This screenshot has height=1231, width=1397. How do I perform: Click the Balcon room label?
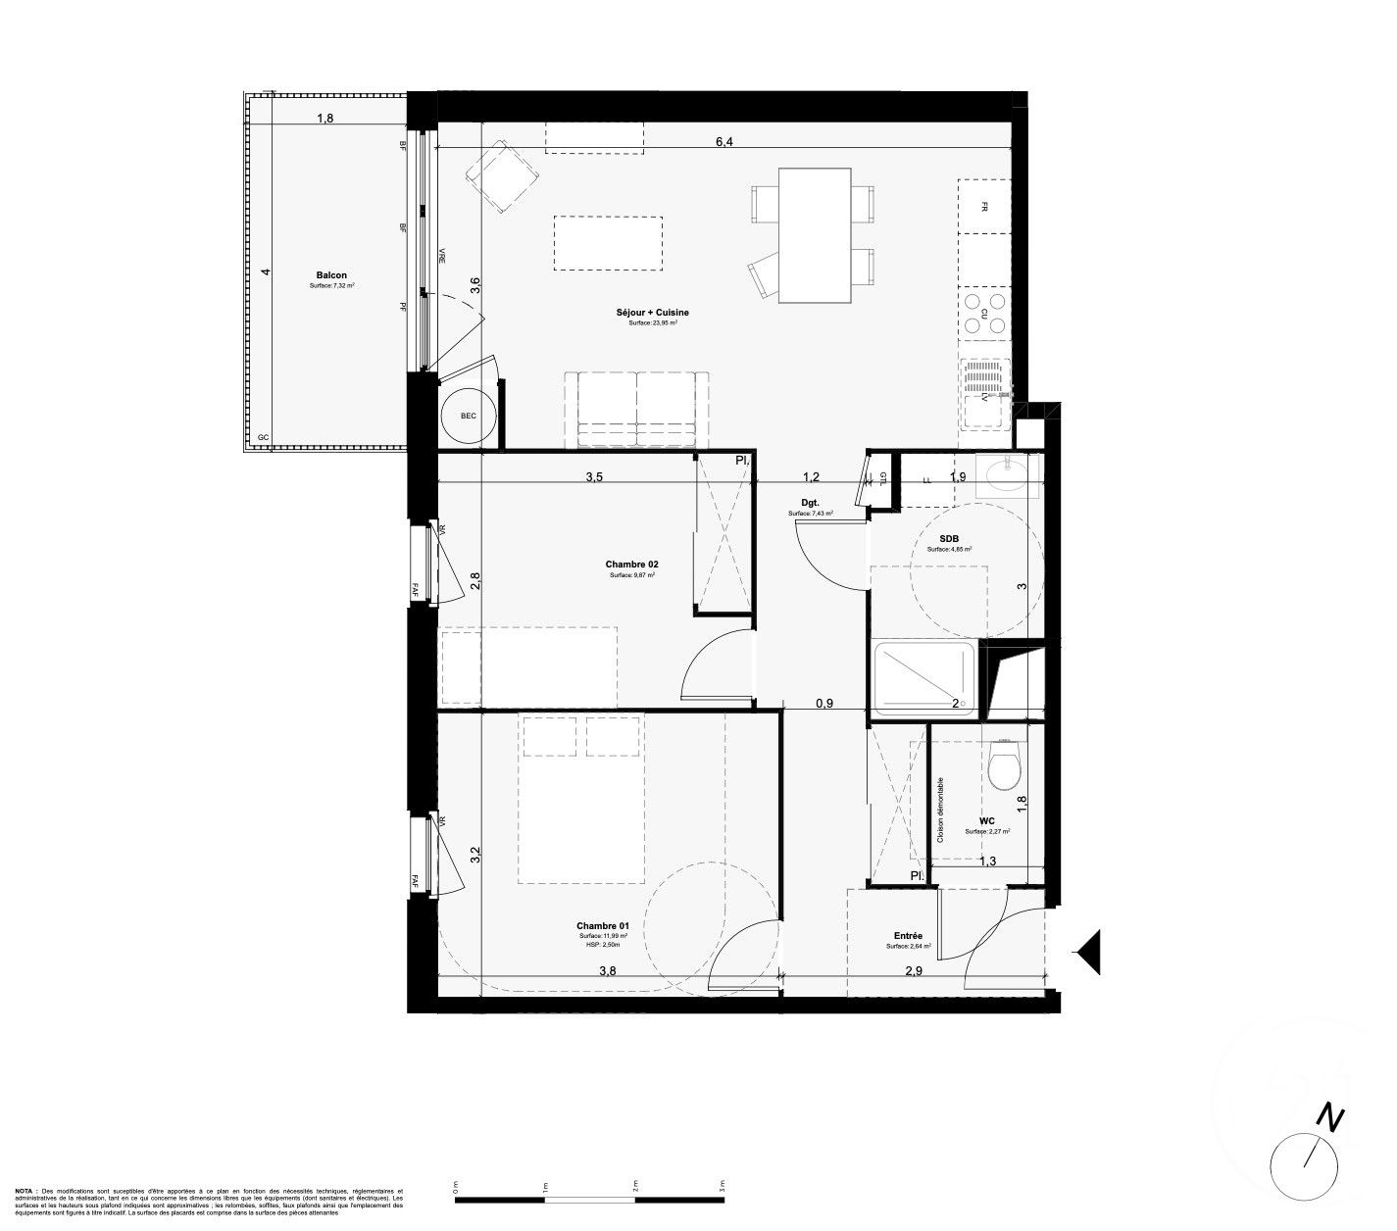330,275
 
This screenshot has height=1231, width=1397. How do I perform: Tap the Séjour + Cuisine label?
653,312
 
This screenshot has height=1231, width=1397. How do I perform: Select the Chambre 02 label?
631,565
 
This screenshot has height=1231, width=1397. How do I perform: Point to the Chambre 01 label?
602,926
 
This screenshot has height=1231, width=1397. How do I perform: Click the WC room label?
986,821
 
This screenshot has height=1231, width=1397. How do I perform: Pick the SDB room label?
948,537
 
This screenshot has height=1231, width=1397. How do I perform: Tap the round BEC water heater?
469,417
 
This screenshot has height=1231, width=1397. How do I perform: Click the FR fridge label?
983,206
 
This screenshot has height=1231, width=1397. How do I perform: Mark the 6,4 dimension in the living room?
724,142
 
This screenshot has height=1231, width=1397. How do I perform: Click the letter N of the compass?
1328,1117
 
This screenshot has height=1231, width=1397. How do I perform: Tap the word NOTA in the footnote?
24,1191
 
